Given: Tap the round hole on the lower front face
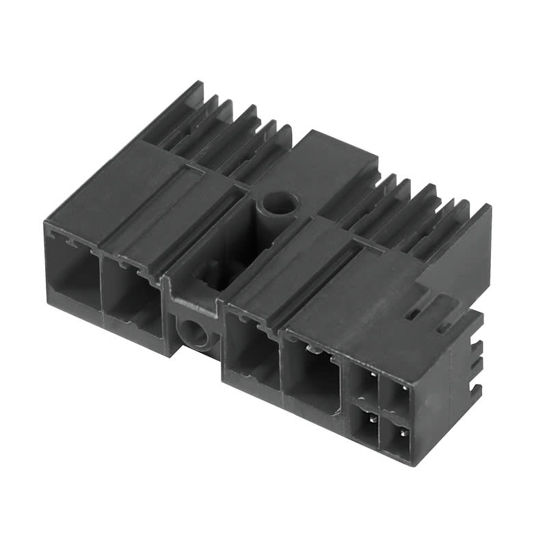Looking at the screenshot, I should coord(193,333).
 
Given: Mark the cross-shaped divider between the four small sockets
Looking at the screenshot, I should coord(381,411).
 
